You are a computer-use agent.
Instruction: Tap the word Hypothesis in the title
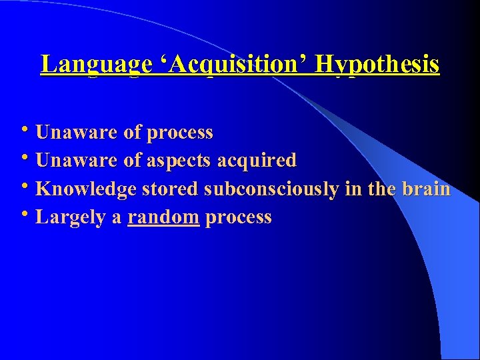377,65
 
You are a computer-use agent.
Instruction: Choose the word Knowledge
86,189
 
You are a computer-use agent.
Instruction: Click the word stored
171,189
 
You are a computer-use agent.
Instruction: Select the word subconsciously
272,189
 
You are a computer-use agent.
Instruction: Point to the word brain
426,189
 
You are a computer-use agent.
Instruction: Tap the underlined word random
164,217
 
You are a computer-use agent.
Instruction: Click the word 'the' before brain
381,189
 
